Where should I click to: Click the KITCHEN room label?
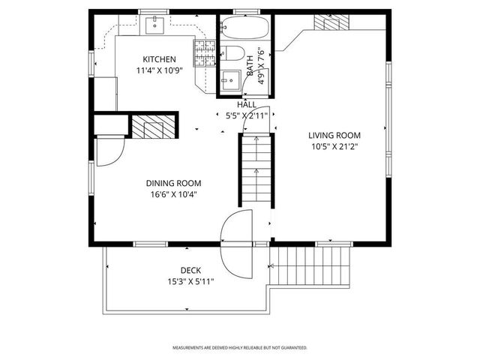[160, 59]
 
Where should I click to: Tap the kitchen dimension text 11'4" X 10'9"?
[160, 70]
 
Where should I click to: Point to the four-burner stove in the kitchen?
[203, 53]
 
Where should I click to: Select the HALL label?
[247, 105]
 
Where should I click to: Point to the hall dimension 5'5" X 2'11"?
[247, 116]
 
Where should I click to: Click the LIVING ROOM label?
[334, 135]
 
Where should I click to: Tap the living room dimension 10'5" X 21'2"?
[334, 146]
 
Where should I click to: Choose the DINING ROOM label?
[173, 182]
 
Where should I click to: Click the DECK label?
[190, 270]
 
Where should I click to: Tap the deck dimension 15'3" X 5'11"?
[190, 281]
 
